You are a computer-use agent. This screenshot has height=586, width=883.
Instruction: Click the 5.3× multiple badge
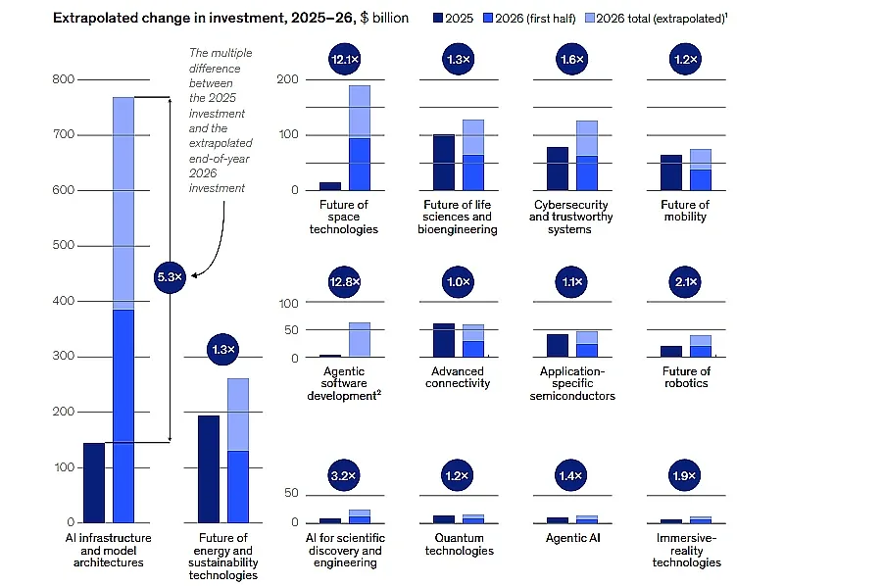point(170,277)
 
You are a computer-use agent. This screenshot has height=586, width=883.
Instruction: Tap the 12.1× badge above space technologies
point(345,59)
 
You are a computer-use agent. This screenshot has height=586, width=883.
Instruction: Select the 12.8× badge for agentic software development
point(345,282)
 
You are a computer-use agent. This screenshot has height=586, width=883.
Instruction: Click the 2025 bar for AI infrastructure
point(94,483)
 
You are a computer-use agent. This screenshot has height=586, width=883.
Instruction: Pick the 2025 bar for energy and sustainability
point(209,469)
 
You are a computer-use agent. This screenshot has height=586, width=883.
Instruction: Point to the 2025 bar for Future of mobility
point(671,172)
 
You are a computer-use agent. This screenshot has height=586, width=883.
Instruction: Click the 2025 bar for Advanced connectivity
point(444,341)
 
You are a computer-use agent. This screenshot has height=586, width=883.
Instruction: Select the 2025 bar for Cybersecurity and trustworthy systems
point(558,169)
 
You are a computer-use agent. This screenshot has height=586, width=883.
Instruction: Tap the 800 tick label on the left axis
point(63,79)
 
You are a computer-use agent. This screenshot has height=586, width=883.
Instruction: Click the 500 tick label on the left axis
point(63,245)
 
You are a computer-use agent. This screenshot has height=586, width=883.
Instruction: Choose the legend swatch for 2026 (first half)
point(488,18)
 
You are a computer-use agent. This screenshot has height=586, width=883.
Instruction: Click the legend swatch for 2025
point(438,18)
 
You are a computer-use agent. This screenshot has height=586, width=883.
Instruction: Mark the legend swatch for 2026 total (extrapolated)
point(590,18)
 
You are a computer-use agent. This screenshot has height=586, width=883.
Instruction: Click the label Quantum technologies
point(459,544)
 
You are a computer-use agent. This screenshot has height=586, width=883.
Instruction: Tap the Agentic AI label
point(572,538)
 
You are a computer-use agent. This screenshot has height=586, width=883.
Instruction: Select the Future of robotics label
point(686,377)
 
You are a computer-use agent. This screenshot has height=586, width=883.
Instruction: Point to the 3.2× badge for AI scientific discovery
point(344,475)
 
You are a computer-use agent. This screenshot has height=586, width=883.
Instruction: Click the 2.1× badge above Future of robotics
point(686,282)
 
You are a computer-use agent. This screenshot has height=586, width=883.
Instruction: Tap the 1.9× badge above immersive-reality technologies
point(684,475)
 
